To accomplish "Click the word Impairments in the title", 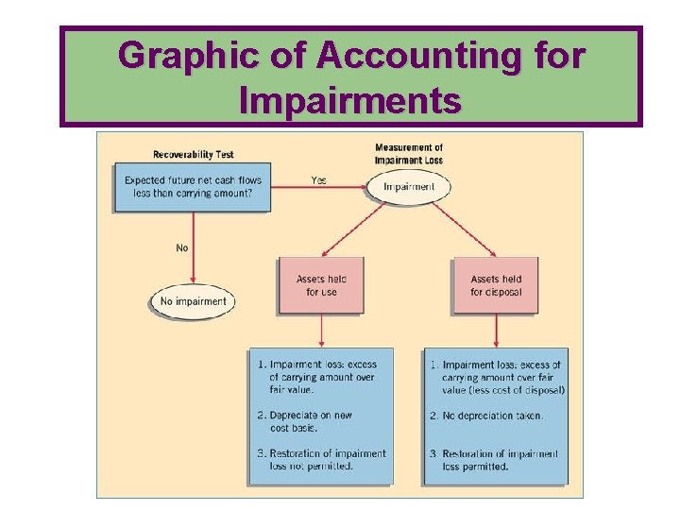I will tap(350, 99).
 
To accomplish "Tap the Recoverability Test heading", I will tap(193, 154).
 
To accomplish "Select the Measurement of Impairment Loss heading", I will tap(409, 154).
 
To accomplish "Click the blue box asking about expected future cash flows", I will tap(192, 187).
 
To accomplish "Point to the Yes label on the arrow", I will tap(318, 179).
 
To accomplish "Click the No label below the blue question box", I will tap(181, 248).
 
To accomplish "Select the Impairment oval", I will tap(409, 187).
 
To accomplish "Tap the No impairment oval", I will tap(193, 302).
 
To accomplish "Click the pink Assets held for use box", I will tap(321, 285).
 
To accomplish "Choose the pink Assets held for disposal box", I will tap(496, 285).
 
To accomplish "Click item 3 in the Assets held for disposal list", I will tap(499, 460).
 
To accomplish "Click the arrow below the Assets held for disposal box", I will tap(497, 331).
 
